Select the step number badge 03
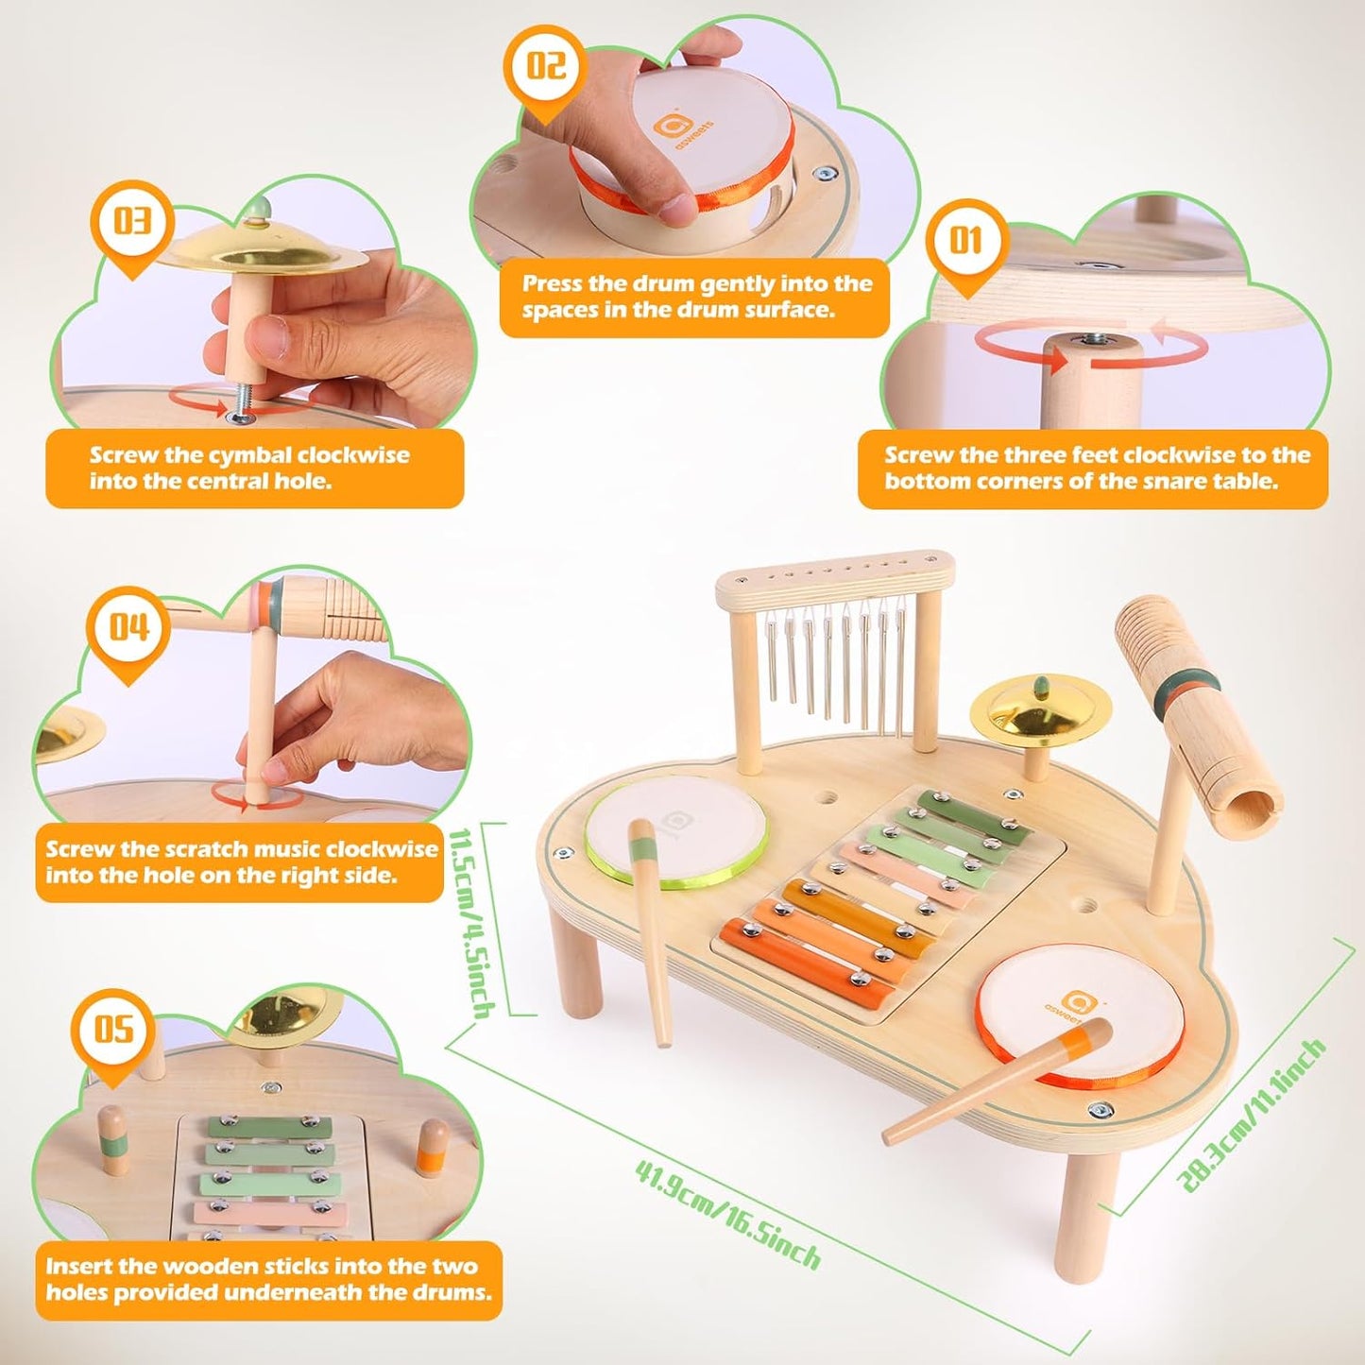(x=132, y=221)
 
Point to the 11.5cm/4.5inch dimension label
(x=472, y=922)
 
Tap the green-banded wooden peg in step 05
(x=113, y=1140)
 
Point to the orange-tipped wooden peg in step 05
(x=433, y=1146)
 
